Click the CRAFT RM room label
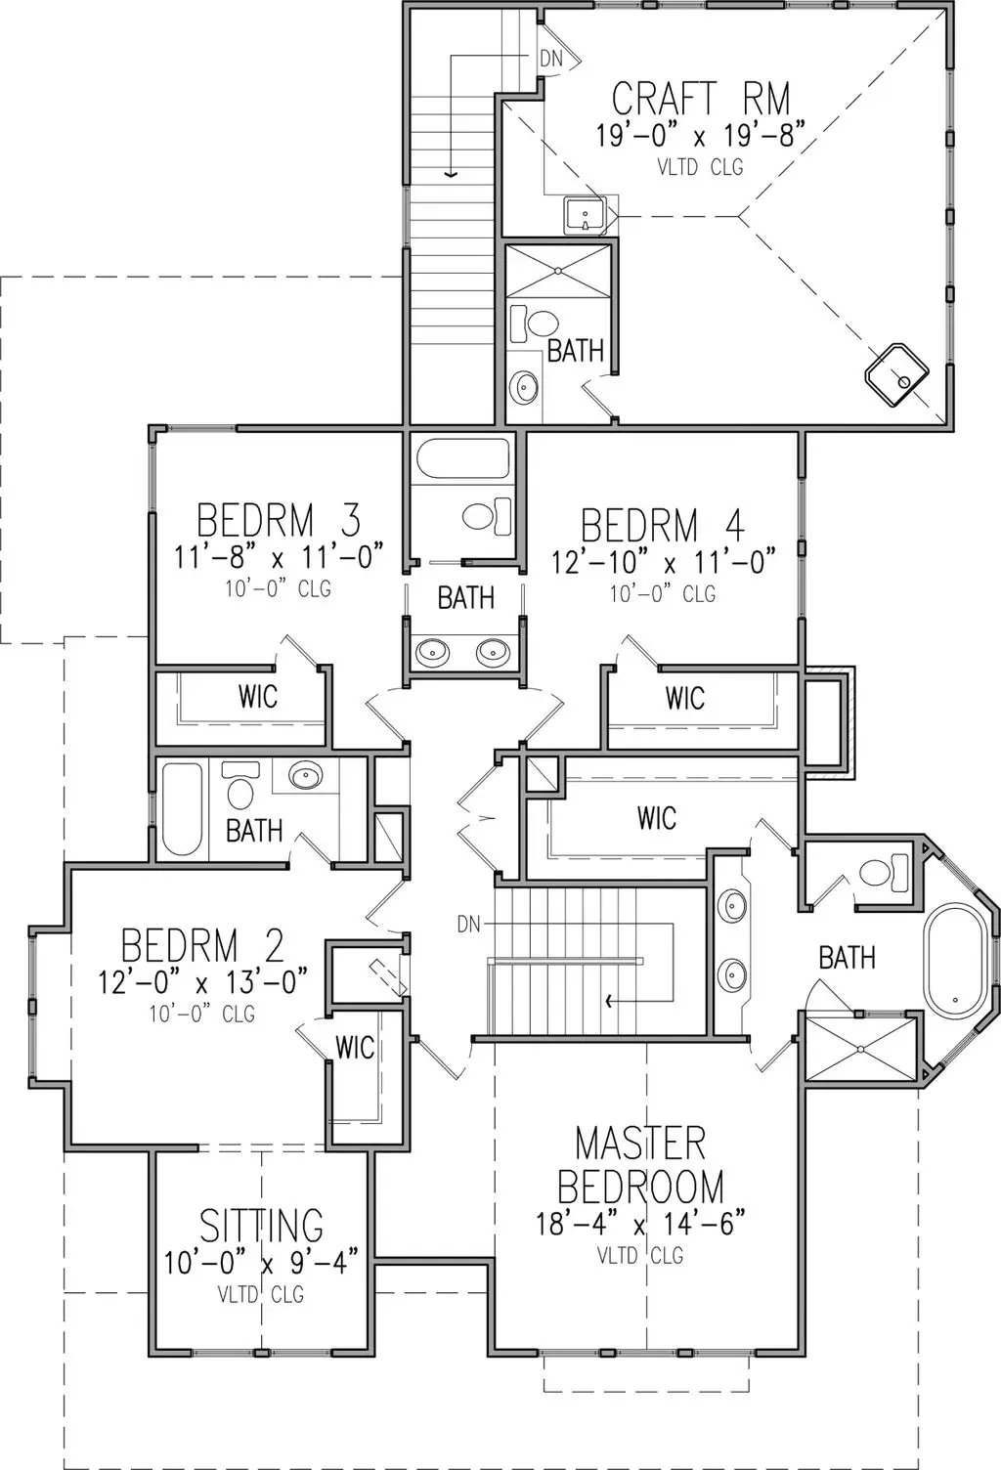tap(700, 99)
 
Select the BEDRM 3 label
tap(279, 520)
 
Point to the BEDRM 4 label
tap(663, 526)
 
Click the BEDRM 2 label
tap(202, 946)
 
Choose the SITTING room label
tap(261, 1225)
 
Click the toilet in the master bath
tap(884, 872)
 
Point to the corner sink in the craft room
tap(895, 374)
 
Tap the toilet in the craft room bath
tap(534, 324)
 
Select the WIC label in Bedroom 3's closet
tap(258, 696)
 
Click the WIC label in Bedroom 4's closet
tap(684, 698)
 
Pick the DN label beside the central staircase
tap(468, 925)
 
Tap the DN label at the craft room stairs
tap(551, 59)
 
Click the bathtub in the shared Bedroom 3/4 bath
tap(462, 458)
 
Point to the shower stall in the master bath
tap(860, 1048)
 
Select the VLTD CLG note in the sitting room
tap(261, 1294)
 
